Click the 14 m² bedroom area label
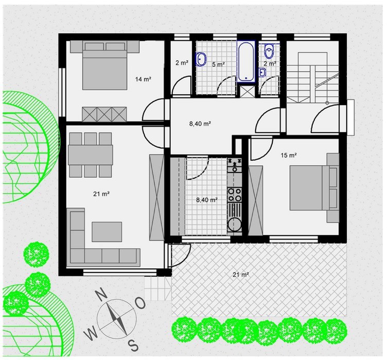pyautogui.click(x=143, y=79)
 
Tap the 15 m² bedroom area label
pyautogui.click(x=289, y=155)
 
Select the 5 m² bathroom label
pyautogui.click(x=218, y=64)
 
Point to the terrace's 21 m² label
pyautogui.click(x=240, y=275)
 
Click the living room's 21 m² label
pyautogui.click(x=101, y=194)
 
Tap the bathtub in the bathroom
pyautogui.click(x=246, y=61)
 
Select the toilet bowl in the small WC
pyautogui.click(x=269, y=52)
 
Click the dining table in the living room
pyautogui.click(x=91, y=155)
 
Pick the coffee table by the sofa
pyautogui.click(x=107, y=232)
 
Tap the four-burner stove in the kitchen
pyautogui.click(x=235, y=195)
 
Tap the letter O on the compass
pyautogui.click(x=140, y=303)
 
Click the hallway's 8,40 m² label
pyautogui.click(x=200, y=123)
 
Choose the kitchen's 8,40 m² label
pyautogui.click(x=207, y=199)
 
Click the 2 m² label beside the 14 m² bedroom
pyautogui.click(x=182, y=63)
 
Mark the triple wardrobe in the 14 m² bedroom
pyautogui.click(x=104, y=114)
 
